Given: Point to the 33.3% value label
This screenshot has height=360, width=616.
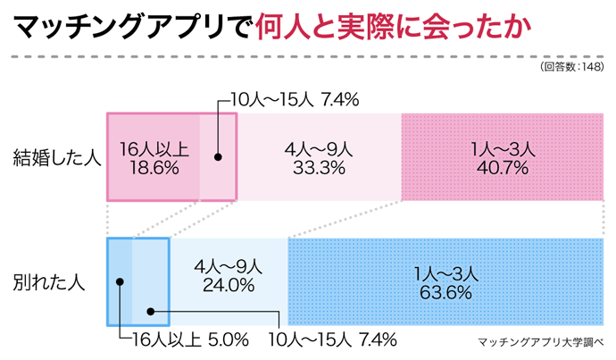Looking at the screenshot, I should (x=319, y=167).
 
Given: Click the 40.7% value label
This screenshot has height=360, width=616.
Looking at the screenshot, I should (x=503, y=167).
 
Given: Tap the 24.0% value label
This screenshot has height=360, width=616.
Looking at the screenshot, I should (x=228, y=286).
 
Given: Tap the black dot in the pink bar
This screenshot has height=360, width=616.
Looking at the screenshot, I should (x=217, y=156).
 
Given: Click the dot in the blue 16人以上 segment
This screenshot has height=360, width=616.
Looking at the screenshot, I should (x=120, y=281).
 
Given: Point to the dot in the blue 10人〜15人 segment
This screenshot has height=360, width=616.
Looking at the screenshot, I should (x=150, y=312).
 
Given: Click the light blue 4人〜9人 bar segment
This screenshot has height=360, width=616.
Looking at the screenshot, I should (x=228, y=308).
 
